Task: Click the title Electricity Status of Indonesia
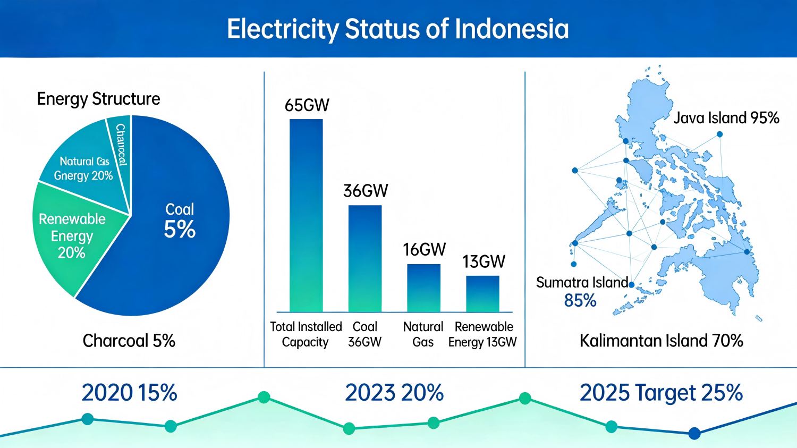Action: pos(398,29)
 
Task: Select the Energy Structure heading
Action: pos(98,99)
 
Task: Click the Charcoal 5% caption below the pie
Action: pos(129,341)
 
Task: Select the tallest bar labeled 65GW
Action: pos(306,215)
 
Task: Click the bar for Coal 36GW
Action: pos(365,258)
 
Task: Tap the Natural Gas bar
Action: pos(423,288)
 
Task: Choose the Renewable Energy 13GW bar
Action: pos(482,293)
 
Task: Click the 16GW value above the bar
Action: pos(424,249)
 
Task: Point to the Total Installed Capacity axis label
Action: pos(306,334)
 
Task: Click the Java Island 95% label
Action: pos(726,118)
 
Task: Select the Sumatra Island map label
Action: pos(582,282)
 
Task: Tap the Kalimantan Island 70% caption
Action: pos(661,341)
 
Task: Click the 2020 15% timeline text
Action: pos(129,393)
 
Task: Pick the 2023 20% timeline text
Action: pos(394,393)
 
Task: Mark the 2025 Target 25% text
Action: pos(661,393)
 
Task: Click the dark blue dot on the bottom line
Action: pos(694,433)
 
